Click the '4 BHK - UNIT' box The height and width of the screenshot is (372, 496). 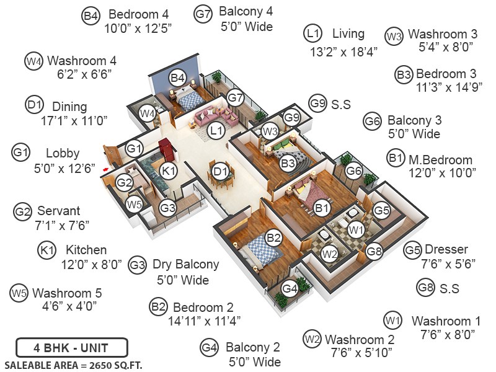pyautogui.click(x=71, y=346)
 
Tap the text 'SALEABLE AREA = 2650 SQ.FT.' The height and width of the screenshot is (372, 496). pyautogui.click(x=73, y=364)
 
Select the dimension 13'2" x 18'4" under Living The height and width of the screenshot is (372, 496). pyautogui.click(x=344, y=52)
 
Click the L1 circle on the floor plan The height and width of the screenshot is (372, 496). pyautogui.click(x=216, y=131)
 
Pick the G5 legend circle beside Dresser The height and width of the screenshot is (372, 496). pyautogui.click(x=412, y=250)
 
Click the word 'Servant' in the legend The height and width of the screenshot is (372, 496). pyautogui.click(x=58, y=211)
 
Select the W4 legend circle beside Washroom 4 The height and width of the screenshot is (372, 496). pyautogui.click(x=33, y=61)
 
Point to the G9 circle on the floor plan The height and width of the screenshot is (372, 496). pyautogui.click(x=292, y=116)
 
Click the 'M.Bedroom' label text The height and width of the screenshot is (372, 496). pyautogui.click(x=440, y=160)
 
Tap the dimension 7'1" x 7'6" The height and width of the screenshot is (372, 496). pyautogui.click(x=58, y=224)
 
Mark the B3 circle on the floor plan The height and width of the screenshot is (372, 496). pyautogui.click(x=287, y=164)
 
